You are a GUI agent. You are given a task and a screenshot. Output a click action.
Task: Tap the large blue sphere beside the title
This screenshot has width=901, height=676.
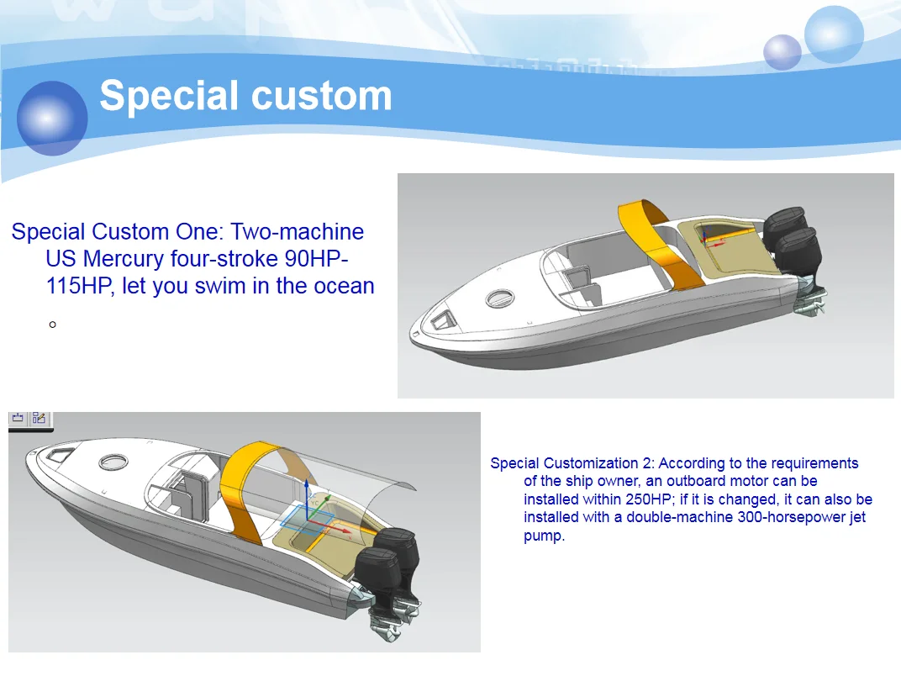52,118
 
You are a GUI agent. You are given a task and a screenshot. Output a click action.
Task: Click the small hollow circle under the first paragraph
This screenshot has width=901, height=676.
53,324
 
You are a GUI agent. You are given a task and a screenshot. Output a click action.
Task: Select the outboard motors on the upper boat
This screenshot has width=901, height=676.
790,240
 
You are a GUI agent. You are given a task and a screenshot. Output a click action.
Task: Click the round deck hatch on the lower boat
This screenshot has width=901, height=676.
113,462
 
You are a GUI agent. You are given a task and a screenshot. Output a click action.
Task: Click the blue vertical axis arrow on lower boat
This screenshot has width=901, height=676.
307,500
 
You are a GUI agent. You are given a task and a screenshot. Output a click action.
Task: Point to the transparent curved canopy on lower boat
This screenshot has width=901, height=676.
370,488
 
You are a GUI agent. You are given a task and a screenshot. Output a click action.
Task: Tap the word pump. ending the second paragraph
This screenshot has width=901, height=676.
544,536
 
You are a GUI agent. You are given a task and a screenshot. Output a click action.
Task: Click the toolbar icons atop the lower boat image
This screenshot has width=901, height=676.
30,419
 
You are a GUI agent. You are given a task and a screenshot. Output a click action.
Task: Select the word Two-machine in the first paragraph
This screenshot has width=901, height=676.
298,232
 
